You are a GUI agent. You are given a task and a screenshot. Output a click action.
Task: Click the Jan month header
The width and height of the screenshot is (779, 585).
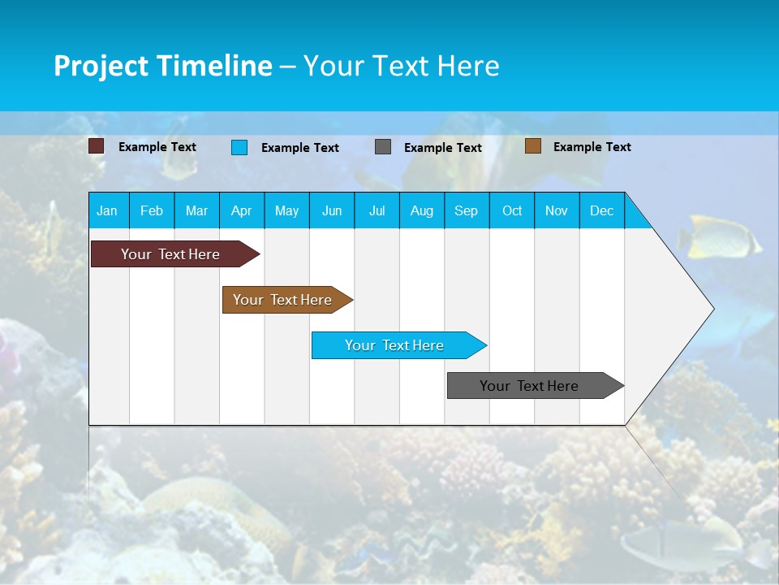pos(107,210)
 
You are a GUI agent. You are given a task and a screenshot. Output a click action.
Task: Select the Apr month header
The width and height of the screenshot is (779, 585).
pos(241,210)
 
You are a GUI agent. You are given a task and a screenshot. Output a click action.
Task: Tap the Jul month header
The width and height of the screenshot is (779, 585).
pos(377,210)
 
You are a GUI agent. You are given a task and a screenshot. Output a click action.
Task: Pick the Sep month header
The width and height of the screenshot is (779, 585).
pos(466,210)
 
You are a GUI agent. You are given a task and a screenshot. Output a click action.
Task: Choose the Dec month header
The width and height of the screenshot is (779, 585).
pos(601,210)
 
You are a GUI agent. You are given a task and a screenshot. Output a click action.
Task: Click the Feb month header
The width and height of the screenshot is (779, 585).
pos(152,210)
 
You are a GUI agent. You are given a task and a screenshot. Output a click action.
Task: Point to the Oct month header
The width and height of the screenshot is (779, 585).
pos(512,210)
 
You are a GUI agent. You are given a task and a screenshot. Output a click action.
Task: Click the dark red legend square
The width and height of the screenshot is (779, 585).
pos(97,146)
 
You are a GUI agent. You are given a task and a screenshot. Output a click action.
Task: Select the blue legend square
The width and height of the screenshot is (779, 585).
pos(239,147)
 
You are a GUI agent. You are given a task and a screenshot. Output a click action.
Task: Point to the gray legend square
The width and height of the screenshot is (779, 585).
pos(383,147)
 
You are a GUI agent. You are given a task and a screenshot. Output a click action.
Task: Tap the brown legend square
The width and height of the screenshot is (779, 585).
pos(533,146)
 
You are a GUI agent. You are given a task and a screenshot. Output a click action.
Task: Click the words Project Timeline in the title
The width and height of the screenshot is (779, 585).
pos(163,66)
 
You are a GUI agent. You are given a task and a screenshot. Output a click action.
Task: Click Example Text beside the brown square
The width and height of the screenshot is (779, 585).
pos(592,147)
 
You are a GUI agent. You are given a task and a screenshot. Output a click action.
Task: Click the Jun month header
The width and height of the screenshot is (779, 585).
pos(332,210)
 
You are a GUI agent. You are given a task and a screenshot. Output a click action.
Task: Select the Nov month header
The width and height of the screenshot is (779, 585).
pos(557,210)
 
